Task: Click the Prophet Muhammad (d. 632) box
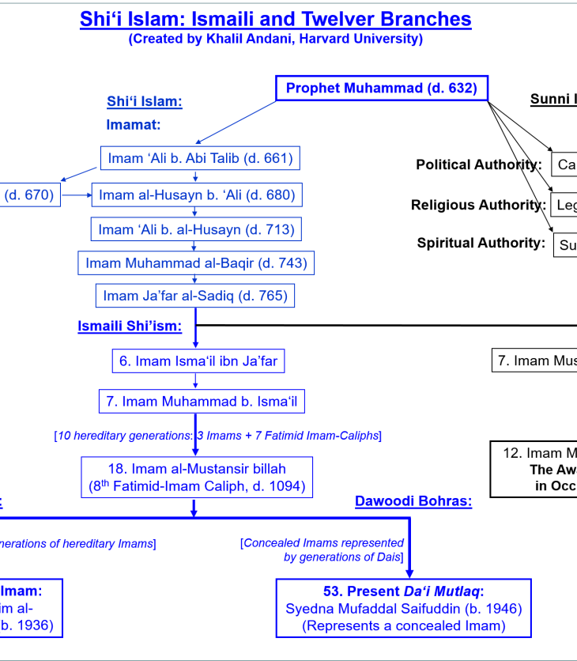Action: pos(381,89)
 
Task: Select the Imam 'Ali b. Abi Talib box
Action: pos(200,159)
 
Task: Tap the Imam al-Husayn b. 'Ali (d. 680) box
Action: pos(197,195)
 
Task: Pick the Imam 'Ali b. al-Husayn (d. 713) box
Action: pos(196,230)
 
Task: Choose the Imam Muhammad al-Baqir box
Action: pos(196,263)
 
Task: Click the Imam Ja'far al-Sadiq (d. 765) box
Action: pos(196,297)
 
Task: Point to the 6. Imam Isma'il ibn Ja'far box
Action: pos(198,361)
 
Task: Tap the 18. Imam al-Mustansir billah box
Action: pos(196,478)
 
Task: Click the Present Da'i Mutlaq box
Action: pos(403,608)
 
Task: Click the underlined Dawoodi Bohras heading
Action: pos(413,501)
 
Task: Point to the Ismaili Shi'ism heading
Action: pos(130,326)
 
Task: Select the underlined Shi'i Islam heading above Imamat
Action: pos(145,101)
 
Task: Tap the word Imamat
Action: pos(133,124)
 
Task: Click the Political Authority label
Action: pos(479,164)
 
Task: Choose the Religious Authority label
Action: pos(477,205)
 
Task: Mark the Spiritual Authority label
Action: pos(481,243)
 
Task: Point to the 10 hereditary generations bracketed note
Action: pos(217,436)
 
